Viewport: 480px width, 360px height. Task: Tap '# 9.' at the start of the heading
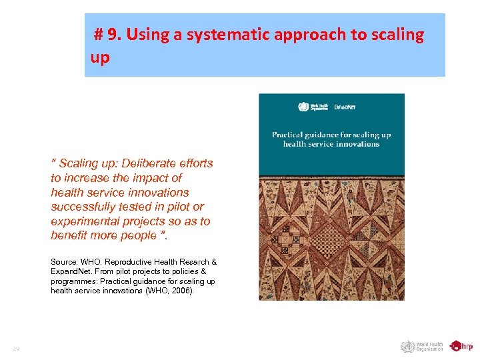coord(106,35)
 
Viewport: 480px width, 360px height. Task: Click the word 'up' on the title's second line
coord(100,57)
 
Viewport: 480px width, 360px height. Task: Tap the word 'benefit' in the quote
coord(70,235)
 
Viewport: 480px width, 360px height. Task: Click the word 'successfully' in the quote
coord(83,207)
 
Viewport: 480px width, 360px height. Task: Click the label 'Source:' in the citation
coord(64,262)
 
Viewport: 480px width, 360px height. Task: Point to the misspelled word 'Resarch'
coord(194,262)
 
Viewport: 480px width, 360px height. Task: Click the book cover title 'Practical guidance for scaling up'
coord(331,135)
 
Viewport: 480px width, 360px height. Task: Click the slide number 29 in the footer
coord(15,349)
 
